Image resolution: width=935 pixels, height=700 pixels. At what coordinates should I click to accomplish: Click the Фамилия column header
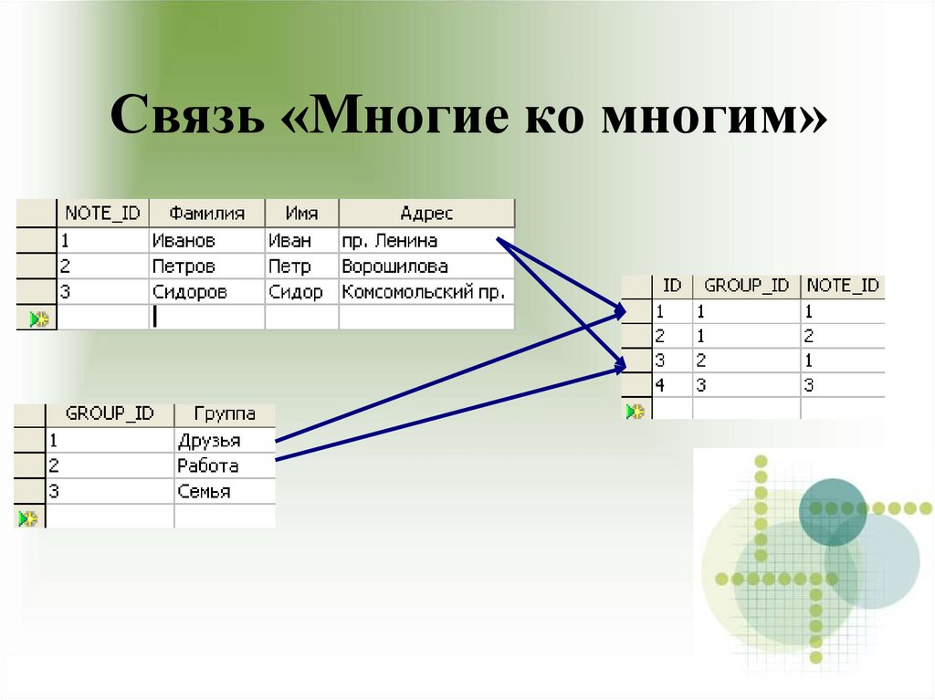pos(206,214)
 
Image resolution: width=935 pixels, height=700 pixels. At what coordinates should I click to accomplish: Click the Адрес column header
pos(426,214)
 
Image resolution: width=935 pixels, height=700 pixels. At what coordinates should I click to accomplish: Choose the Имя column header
pos(301,214)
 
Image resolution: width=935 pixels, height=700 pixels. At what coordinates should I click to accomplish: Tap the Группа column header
pos(224,414)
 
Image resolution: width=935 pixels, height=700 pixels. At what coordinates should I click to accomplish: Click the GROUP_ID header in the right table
pos(747,286)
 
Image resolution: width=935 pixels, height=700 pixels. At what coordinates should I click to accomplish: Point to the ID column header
pos(672,286)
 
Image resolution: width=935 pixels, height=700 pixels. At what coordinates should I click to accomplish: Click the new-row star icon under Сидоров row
pos(37,319)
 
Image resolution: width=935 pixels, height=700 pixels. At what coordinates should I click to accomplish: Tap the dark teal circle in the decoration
pos(832,511)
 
